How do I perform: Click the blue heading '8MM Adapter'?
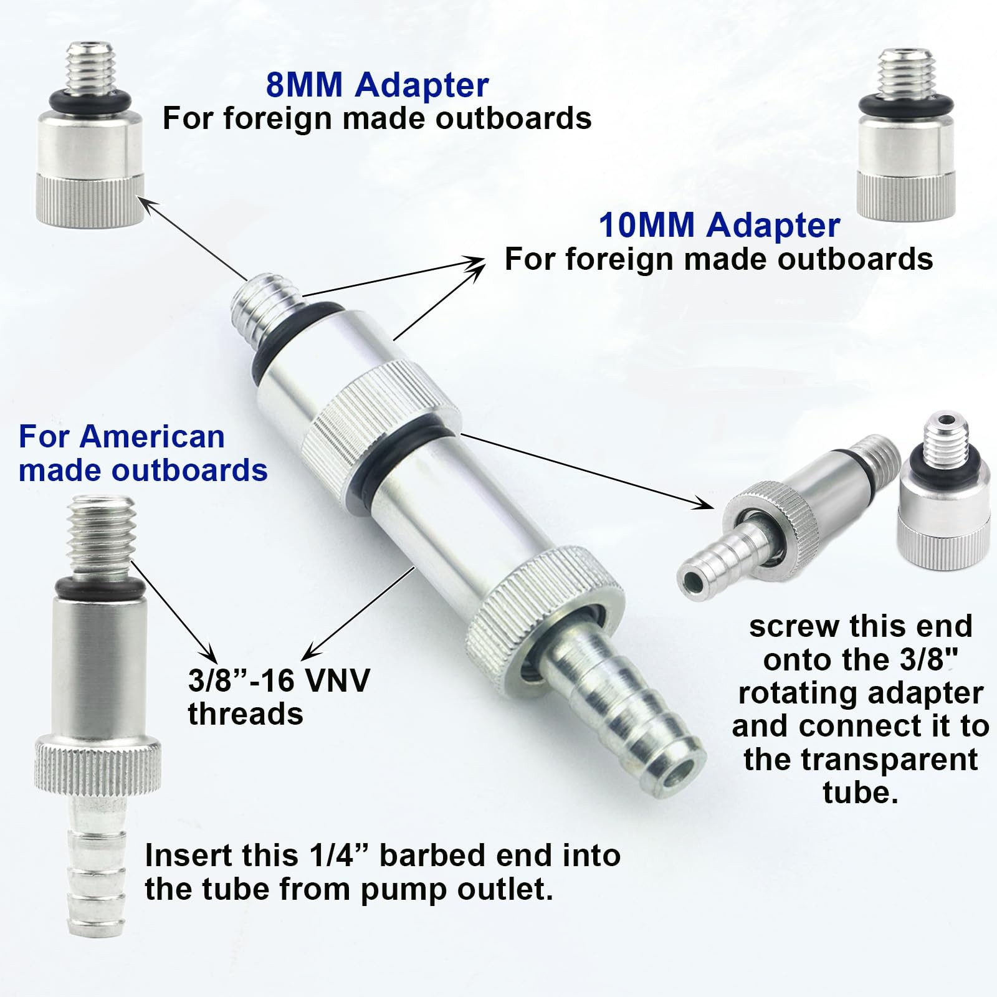coord(377,85)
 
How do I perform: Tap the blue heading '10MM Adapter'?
coord(719,225)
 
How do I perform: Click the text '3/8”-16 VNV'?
coord(279,680)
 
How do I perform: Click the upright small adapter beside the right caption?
coord(943,487)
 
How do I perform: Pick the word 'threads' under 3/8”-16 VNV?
coord(246,713)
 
